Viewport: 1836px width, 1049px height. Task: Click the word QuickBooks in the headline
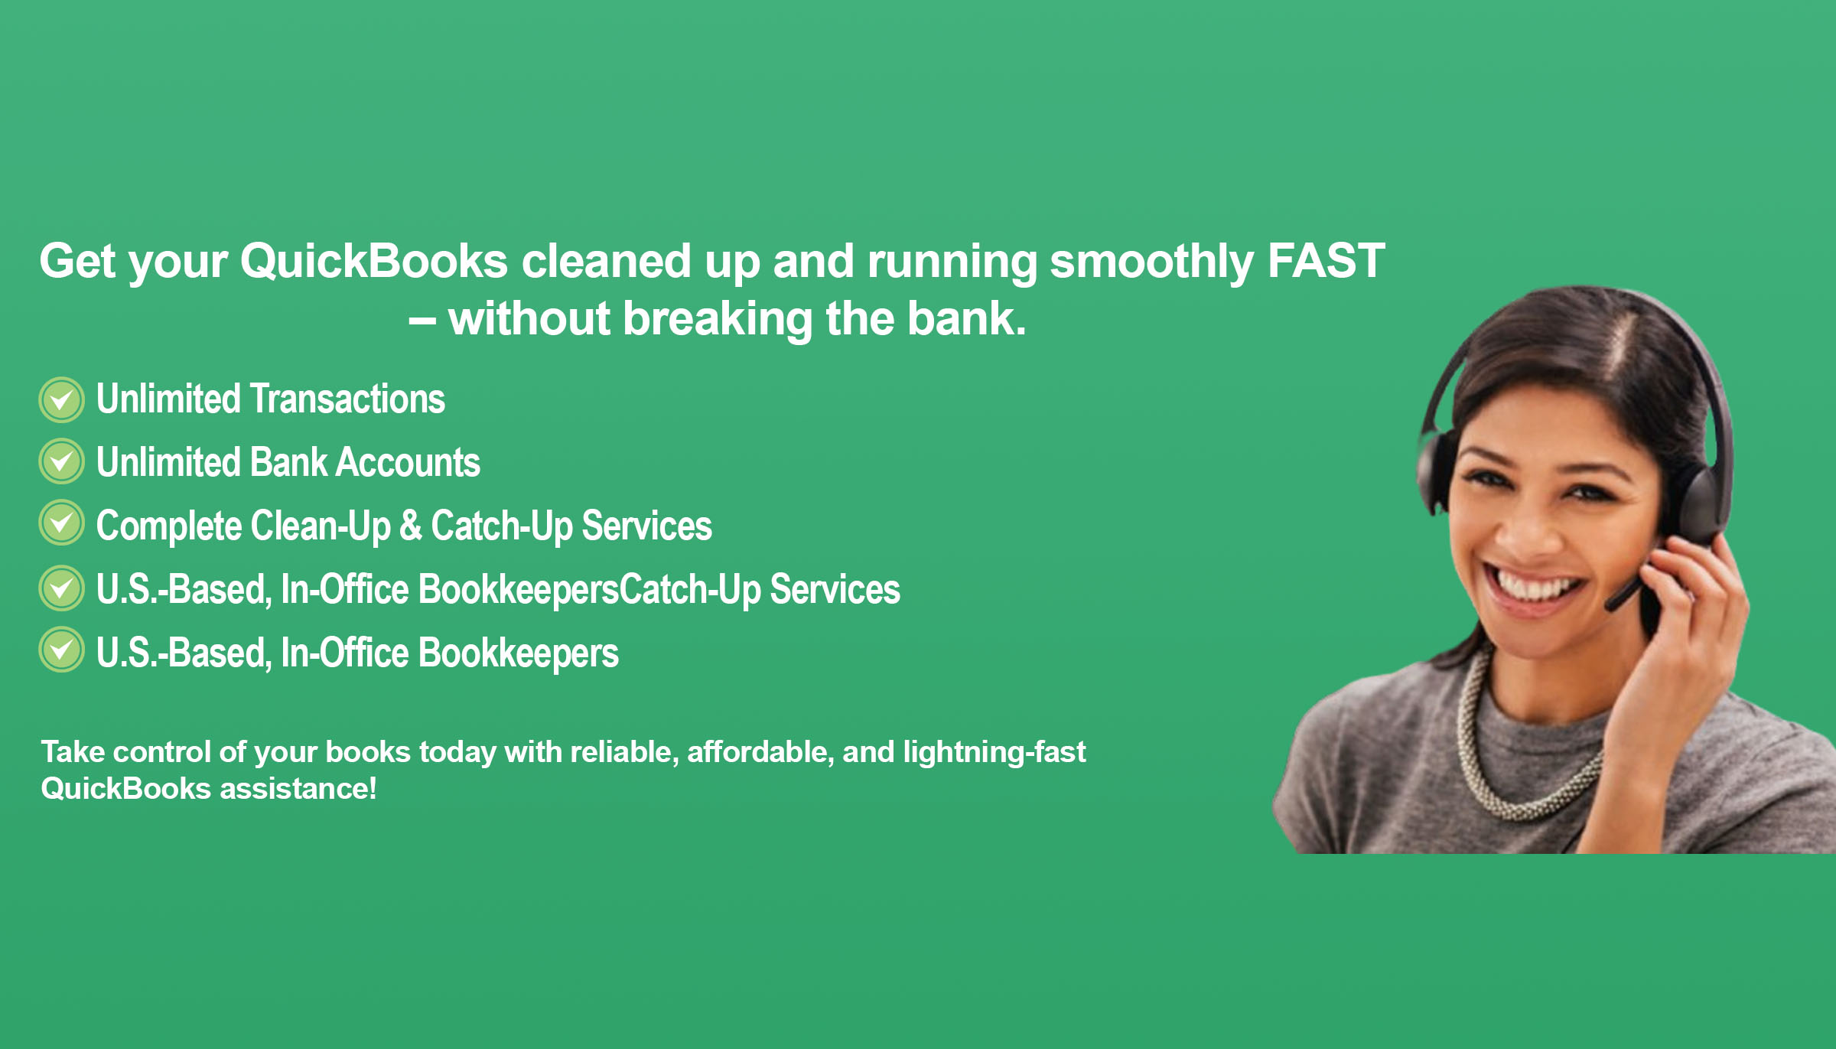click(x=374, y=261)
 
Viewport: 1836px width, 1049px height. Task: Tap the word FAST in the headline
click(x=1327, y=261)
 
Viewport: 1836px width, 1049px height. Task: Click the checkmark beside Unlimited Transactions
click(x=61, y=399)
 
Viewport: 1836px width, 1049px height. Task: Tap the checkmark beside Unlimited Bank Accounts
click(x=61, y=461)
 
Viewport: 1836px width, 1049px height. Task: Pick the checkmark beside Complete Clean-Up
click(x=61, y=523)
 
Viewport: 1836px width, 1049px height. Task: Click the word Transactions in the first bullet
click(x=348, y=399)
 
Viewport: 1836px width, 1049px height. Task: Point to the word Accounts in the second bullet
click(x=409, y=462)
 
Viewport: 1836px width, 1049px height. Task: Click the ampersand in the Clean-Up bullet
click(x=411, y=526)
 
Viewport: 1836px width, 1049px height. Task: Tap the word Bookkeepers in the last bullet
click(x=519, y=653)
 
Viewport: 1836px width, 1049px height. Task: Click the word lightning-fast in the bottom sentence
click(x=994, y=753)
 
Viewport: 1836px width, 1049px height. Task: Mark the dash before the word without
click(x=422, y=321)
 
